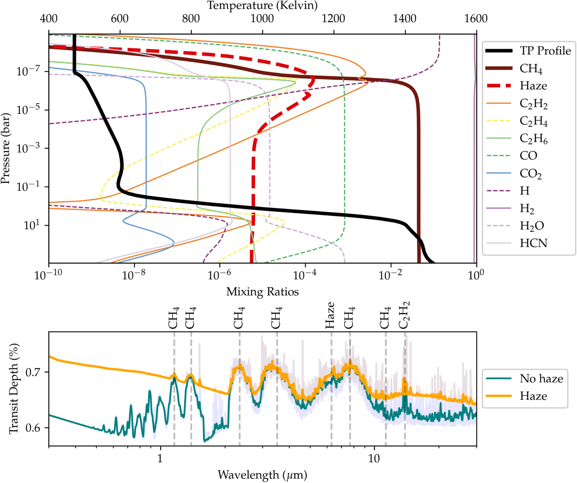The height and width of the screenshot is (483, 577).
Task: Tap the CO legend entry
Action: [x=528, y=155]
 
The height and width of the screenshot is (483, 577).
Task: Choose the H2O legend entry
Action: [x=532, y=226]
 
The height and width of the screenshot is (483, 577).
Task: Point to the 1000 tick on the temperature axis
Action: [x=262, y=19]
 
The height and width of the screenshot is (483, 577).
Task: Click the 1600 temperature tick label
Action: [x=476, y=19]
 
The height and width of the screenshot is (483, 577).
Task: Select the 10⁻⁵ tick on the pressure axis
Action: [x=28, y=110]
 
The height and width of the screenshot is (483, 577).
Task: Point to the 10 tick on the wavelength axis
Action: [x=374, y=458]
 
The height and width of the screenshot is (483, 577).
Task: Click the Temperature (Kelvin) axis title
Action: [x=262, y=6]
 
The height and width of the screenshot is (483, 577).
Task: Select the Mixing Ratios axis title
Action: [x=262, y=292]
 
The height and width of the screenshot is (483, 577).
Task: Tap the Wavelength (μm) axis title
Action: [x=262, y=475]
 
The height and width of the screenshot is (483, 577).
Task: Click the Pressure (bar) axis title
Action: [x=6, y=148]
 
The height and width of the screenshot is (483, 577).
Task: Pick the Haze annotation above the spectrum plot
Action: [x=330, y=315]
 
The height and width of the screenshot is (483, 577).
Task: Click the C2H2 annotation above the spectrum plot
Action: [x=404, y=315]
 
